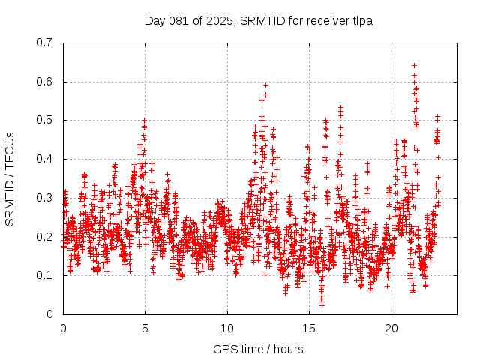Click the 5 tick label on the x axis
pyautogui.click(x=145, y=328)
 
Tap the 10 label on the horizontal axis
pyautogui.click(x=226, y=328)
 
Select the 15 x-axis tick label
pyautogui.click(x=309, y=328)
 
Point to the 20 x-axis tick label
pyautogui.click(x=391, y=328)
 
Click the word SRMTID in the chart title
pyautogui.click(x=256, y=21)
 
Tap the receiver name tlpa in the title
pyautogui.click(x=361, y=21)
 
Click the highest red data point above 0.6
pyautogui.click(x=414, y=65)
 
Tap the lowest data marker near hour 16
pyautogui.click(x=322, y=305)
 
